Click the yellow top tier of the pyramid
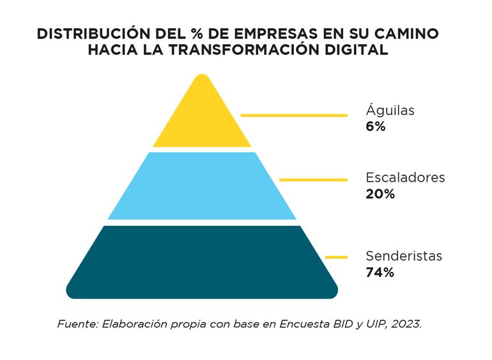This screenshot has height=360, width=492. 202,118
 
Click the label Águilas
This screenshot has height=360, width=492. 390,110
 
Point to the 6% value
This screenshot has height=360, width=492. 376,127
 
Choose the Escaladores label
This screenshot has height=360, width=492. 405,177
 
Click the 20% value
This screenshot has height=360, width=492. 380,194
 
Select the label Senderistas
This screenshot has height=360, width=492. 404,256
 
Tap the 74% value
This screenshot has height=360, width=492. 380,272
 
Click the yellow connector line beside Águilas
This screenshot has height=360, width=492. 293,115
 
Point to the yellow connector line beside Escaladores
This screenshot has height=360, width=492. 313,180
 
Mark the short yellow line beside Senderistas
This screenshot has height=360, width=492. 336,257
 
